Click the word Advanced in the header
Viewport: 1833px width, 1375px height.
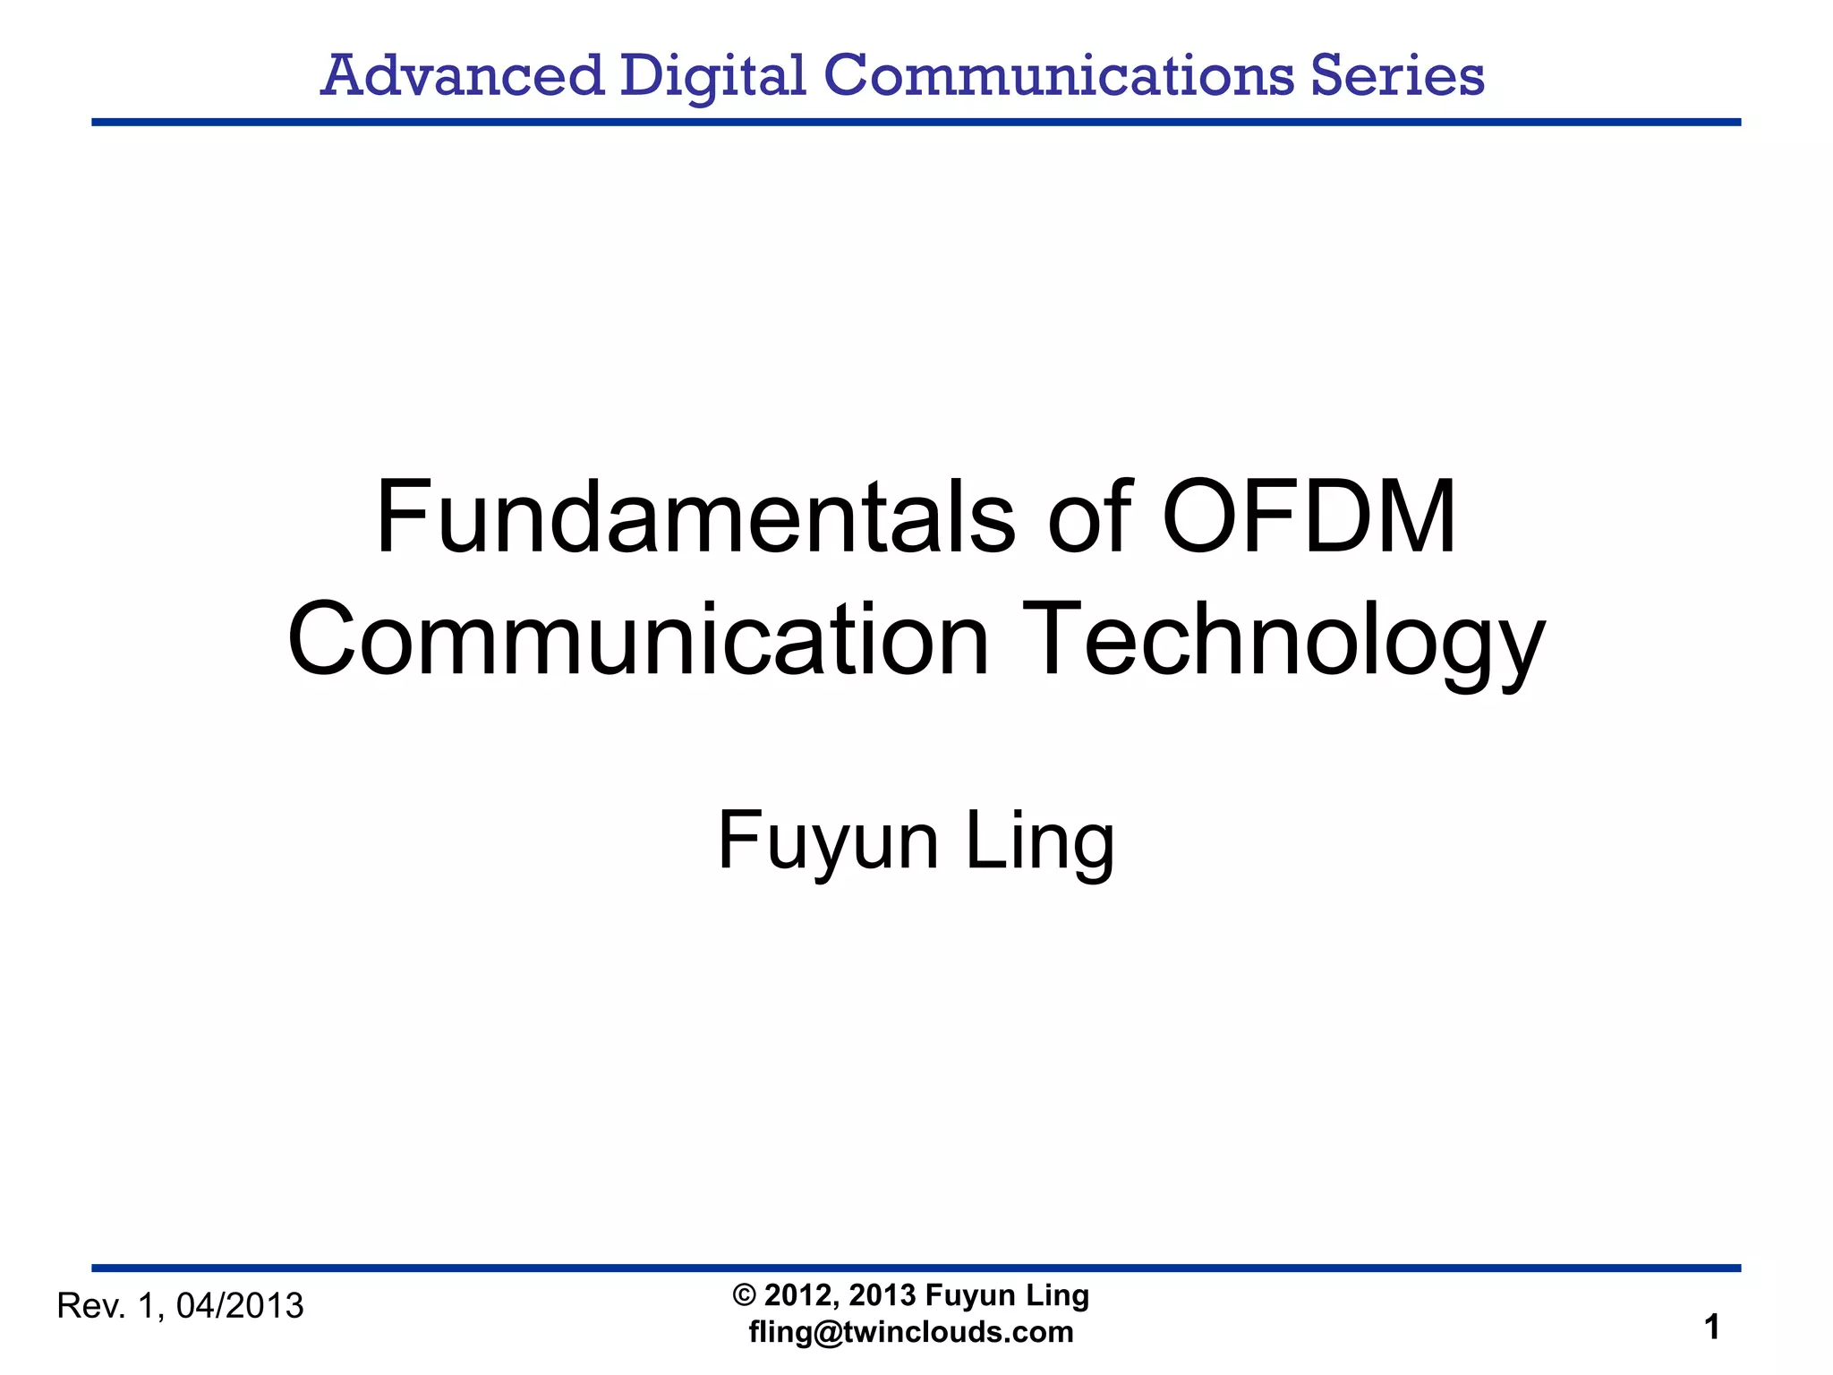click(462, 75)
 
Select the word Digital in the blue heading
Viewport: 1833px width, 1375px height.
click(713, 75)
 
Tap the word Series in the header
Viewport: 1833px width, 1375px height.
click(1397, 75)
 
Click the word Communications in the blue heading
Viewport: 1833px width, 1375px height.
click(1058, 75)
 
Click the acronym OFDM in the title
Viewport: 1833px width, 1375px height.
click(1309, 518)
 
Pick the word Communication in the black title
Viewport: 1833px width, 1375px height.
click(638, 641)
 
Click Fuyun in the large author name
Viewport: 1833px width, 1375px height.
click(828, 841)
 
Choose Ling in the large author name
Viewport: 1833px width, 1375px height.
click(1040, 841)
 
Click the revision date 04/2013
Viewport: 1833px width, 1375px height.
click(240, 1307)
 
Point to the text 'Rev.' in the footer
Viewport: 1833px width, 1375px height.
click(90, 1307)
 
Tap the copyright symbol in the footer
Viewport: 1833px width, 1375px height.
click(744, 1295)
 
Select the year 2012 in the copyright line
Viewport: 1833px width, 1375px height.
click(800, 1295)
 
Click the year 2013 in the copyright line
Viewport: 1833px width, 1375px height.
click(882, 1295)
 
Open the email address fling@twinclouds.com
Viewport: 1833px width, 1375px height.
click(911, 1332)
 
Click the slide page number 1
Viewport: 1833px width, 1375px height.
click(1712, 1328)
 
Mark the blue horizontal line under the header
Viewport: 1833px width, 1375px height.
click(916, 122)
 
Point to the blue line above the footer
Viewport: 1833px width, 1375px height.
click(916, 1268)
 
